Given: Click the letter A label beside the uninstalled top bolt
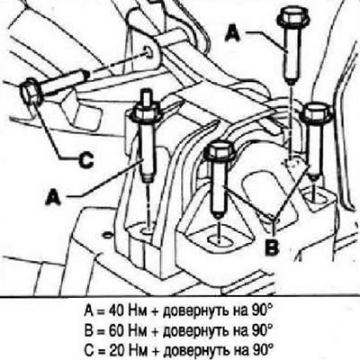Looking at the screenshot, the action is click(x=232, y=32).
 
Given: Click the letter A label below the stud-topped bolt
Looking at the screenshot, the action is click(x=53, y=198).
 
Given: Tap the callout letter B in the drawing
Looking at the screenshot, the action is click(x=273, y=247).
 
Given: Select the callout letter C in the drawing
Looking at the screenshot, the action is click(x=85, y=159).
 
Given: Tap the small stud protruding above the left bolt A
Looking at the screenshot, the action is click(x=147, y=96).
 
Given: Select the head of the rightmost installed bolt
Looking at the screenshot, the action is click(x=316, y=112).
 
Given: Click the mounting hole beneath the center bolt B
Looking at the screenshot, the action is click(x=219, y=240).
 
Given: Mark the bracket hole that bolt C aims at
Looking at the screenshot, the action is click(x=149, y=51).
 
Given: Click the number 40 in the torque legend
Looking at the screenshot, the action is click(x=115, y=311).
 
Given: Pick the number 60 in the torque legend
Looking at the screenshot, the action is click(x=115, y=330).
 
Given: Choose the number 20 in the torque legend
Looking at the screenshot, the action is click(x=115, y=349).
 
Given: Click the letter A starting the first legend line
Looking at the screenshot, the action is click(x=88, y=311).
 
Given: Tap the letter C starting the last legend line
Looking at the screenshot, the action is click(x=88, y=349).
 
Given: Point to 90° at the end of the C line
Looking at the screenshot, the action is click(x=262, y=349).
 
